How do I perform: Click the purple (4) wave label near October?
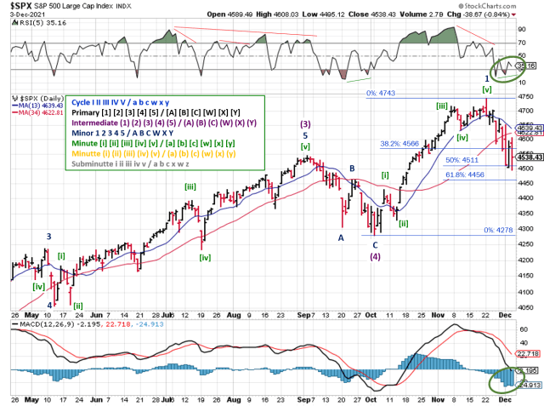coord(375,255)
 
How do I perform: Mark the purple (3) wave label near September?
coord(305,124)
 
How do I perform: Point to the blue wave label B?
coord(351,169)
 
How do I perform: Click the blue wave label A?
coord(341,238)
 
